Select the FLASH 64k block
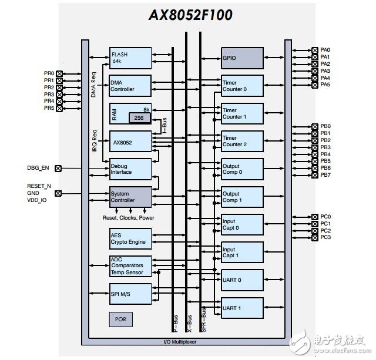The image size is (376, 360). (130, 58)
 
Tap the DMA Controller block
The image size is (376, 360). (130, 86)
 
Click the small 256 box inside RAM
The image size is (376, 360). (139, 118)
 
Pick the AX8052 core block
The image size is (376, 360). (130, 142)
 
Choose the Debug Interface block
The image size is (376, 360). (130, 169)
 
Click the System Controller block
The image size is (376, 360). (130, 197)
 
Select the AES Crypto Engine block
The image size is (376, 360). (130, 239)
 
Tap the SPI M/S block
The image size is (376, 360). (130, 293)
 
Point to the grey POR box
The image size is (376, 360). (120, 319)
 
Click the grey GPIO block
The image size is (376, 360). (242, 58)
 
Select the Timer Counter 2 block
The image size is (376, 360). (242, 141)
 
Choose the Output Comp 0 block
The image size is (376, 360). (242, 169)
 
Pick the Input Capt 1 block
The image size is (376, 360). (242, 253)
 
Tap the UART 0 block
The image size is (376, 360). (242, 280)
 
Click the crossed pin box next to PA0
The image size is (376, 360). (313, 51)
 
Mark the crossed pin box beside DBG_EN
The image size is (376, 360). (58, 168)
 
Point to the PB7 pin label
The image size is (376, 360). (325, 175)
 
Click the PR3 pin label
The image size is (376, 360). (49, 94)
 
